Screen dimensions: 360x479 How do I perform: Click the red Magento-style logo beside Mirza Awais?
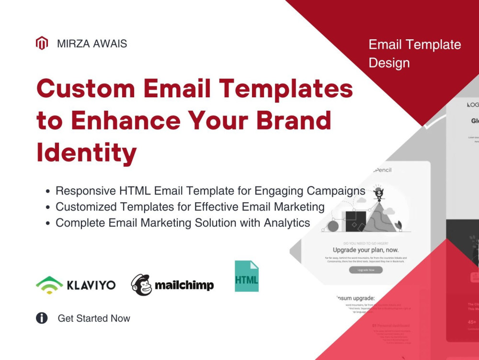click(x=42, y=44)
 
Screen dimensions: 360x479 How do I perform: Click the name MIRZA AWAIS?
click(x=92, y=44)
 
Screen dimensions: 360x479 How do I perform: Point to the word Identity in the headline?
click(x=87, y=152)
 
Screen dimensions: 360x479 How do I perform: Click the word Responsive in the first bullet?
click(x=85, y=191)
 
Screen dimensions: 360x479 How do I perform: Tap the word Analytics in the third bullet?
click(x=286, y=223)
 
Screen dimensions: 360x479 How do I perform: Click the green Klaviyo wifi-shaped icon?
click(x=49, y=285)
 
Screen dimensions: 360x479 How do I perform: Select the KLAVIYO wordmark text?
click(x=91, y=285)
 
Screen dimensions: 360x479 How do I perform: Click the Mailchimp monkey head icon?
click(x=141, y=285)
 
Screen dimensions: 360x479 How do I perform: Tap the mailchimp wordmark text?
click(x=184, y=286)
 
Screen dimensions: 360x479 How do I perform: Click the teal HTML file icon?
click(x=247, y=277)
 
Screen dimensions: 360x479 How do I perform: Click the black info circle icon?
click(x=42, y=318)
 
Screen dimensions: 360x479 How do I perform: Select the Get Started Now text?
click(x=94, y=318)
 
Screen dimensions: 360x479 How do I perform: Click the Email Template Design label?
click(x=414, y=54)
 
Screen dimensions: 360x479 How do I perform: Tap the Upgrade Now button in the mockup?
click(x=365, y=270)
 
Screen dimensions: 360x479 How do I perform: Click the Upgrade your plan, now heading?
click(x=365, y=250)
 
